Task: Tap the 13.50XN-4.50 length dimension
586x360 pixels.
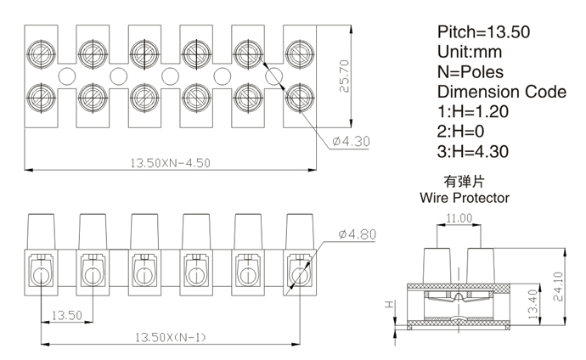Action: pyautogui.click(x=169, y=163)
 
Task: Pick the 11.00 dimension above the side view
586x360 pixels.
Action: pyautogui.click(x=459, y=217)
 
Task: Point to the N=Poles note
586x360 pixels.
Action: pyautogui.click(x=470, y=72)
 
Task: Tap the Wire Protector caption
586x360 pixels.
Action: pyautogui.click(x=464, y=198)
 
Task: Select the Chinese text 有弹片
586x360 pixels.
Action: pyautogui.click(x=464, y=182)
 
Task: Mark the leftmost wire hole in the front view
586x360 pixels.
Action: pyautogui.click(x=40, y=273)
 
